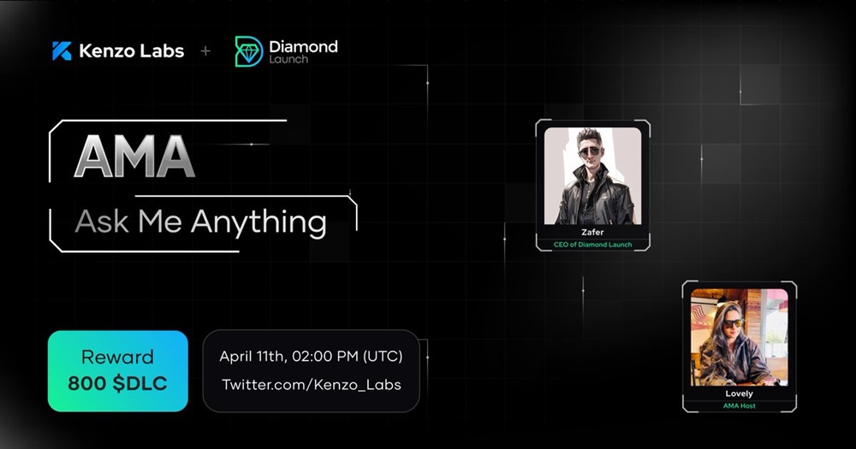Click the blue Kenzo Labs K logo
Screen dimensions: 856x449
(62, 50)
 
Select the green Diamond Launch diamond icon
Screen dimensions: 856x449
(248, 52)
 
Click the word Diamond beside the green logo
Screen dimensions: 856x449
(303, 46)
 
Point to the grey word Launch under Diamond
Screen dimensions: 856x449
(288, 59)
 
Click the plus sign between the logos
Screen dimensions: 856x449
(205, 51)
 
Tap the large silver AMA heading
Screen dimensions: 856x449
(134, 157)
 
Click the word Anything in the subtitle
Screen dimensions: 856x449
(259, 222)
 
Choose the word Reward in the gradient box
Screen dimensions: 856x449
(117, 357)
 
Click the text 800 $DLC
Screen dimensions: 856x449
(117, 383)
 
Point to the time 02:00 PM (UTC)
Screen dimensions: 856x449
(348, 357)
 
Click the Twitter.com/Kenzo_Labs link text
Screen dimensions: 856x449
(312, 385)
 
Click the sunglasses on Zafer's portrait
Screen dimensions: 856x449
(590, 151)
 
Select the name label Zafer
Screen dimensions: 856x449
(593, 233)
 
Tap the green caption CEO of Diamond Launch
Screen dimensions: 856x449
(593, 245)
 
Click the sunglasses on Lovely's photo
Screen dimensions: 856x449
(733, 323)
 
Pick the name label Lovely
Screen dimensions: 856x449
(740, 394)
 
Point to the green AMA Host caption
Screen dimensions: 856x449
(740, 406)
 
